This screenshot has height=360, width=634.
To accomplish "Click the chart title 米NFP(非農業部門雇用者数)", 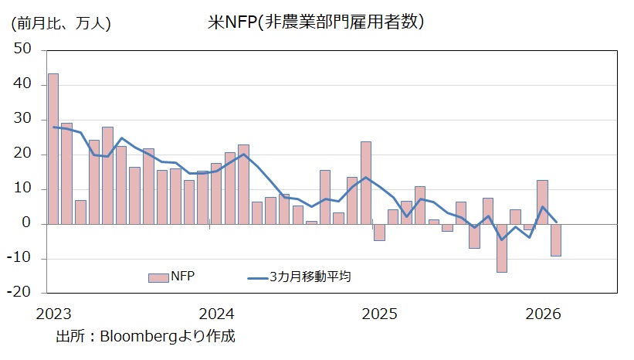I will [x=316, y=22].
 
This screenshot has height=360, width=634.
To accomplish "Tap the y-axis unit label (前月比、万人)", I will [x=61, y=23].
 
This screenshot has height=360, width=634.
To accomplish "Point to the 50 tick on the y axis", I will [x=22, y=49].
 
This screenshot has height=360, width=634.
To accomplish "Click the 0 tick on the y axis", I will [x=26, y=224].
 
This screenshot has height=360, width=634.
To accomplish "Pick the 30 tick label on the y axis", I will [x=22, y=119].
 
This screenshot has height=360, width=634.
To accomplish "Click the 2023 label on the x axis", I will [x=53, y=314].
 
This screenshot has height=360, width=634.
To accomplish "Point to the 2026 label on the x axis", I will [x=542, y=314].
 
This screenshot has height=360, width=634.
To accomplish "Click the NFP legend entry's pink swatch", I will [x=158, y=277].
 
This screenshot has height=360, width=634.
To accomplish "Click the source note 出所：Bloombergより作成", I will [x=145, y=337].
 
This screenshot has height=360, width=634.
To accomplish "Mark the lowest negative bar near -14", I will [x=502, y=248].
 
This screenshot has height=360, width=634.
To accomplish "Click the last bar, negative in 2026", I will [x=556, y=239].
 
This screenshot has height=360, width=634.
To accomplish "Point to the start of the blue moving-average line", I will [x=53, y=127].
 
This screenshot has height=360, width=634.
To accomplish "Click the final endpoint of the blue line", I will [x=556, y=222].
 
